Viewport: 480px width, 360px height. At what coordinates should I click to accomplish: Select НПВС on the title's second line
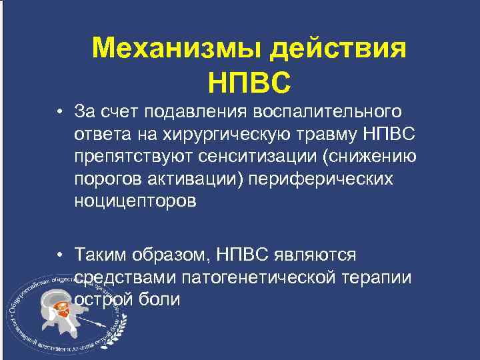(249, 83)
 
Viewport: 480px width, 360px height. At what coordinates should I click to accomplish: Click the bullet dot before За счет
(60, 111)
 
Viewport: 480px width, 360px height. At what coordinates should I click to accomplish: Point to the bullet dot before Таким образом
(60, 255)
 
